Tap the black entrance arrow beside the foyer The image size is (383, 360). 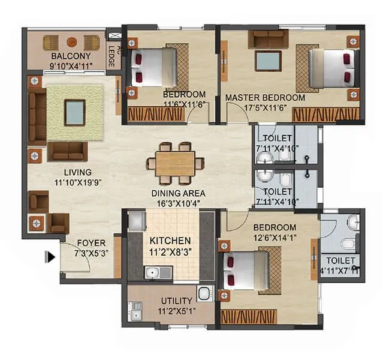[51, 257]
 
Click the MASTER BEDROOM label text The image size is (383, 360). [265, 98]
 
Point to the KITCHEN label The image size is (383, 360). [171, 240]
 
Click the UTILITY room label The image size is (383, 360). [176, 301]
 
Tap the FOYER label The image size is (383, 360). [91, 244]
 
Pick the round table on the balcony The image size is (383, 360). [71, 42]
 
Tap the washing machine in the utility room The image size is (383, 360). [204, 293]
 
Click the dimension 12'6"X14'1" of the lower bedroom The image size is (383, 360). [275, 238]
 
